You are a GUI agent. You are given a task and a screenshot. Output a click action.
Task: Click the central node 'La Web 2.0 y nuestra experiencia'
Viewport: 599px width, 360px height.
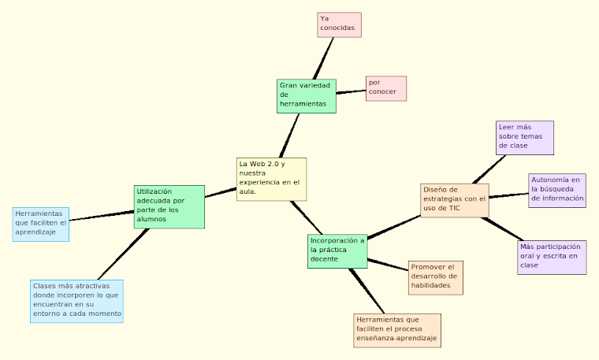pyautogui.click(x=271, y=179)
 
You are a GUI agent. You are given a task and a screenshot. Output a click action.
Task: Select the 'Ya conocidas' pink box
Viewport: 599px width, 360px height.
pyautogui.click(x=339, y=25)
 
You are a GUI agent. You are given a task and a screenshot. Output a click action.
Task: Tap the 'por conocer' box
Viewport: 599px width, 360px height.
pyautogui.click(x=386, y=88)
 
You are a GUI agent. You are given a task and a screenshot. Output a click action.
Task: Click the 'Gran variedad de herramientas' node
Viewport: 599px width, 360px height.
pyautogui.click(x=307, y=96)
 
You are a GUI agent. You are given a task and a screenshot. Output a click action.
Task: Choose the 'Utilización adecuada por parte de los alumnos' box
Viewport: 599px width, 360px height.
pyautogui.click(x=169, y=207)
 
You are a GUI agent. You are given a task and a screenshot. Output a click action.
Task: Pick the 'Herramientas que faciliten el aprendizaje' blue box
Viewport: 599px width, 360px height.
pyautogui.click(x=41, y=225)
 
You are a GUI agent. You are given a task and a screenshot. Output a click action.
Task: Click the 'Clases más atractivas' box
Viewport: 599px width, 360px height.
pyautogui.click(x=76, y=301)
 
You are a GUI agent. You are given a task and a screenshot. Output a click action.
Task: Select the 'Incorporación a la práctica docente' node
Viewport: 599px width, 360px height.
pyautogui.click(x=337, y=251)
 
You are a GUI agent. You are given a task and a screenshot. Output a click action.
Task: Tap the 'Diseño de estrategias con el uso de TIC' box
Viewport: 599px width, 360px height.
pyautogui.click(x=455, y=200)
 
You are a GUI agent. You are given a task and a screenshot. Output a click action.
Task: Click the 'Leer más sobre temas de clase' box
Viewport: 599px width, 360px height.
pyautogui.click(x=525, y=138)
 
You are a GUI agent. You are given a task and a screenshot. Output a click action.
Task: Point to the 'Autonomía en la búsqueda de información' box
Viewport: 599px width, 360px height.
pyautogui.click(x=557, y=191)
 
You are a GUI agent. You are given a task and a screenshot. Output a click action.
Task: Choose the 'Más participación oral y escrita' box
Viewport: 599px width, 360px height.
pyautogui.click(x=552, y=258)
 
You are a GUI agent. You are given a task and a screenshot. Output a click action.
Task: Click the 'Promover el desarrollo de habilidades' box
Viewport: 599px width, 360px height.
pyautogui.click(x=436, y=278)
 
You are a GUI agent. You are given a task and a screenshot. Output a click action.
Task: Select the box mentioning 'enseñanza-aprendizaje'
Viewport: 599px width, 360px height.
pyautogui.click(x=397, y=331)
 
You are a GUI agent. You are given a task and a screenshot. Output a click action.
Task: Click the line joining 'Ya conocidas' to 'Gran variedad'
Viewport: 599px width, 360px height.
pyautogui.click(x=324, y=58)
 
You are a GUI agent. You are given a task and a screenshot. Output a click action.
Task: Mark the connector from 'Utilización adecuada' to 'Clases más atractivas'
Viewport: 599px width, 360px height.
pyautogui.click(x=124, y=254)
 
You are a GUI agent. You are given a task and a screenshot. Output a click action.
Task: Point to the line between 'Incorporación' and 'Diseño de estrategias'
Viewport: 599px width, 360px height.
pyautogui.click(x=394, y=227)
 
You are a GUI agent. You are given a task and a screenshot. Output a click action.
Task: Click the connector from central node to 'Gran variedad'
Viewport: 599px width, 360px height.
pyautogui.click(x=289, y=135)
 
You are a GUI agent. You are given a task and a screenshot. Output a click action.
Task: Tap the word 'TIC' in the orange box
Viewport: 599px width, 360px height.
pyautogui.click(x=453, y=208)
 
